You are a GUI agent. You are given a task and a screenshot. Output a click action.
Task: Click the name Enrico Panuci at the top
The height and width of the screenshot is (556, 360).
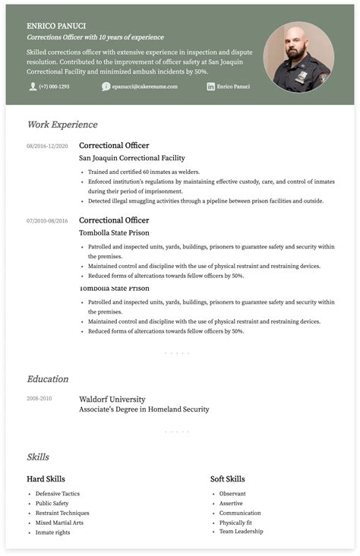point(55,25)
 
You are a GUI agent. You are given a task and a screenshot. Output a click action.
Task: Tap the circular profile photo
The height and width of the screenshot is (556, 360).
point(298,57)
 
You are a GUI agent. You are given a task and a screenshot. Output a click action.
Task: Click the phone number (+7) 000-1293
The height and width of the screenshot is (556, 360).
point(54,87)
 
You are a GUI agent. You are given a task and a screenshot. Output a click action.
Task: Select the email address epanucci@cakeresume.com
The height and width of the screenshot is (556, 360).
point(144,87)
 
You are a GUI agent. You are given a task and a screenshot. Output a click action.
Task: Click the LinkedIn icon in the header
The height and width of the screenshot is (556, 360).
point(210,87)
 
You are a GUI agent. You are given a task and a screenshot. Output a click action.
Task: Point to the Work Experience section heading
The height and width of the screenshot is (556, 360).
point(62,125)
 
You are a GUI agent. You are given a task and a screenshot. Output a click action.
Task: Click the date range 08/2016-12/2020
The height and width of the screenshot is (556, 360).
point(47,146)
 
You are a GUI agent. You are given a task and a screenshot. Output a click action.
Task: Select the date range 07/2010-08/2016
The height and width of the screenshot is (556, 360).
point(47,221)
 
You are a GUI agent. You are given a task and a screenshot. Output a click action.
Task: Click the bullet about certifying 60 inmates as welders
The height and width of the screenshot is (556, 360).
point(138,172)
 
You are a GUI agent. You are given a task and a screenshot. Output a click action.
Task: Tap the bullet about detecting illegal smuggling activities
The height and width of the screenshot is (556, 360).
point(206,201)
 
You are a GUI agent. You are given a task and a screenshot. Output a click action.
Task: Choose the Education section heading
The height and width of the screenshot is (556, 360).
point(48,379)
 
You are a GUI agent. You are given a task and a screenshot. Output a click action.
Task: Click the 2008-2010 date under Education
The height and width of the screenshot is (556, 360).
point(39,399)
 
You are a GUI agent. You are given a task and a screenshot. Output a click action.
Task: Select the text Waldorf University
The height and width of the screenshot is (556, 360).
point(112,399)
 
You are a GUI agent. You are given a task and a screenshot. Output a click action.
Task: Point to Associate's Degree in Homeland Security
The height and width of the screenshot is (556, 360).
point(144,409)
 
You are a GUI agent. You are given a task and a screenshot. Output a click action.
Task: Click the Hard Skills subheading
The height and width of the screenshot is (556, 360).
point(46,479)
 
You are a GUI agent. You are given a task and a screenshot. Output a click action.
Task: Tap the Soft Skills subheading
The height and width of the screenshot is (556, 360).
point(227,479)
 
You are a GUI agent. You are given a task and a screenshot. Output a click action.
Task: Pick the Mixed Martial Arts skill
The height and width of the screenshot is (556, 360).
point(59,523)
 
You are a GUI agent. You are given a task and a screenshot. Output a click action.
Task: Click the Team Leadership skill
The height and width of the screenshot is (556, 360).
point(242,532)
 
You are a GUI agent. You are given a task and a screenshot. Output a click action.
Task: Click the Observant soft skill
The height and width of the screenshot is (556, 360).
point(232,494)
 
